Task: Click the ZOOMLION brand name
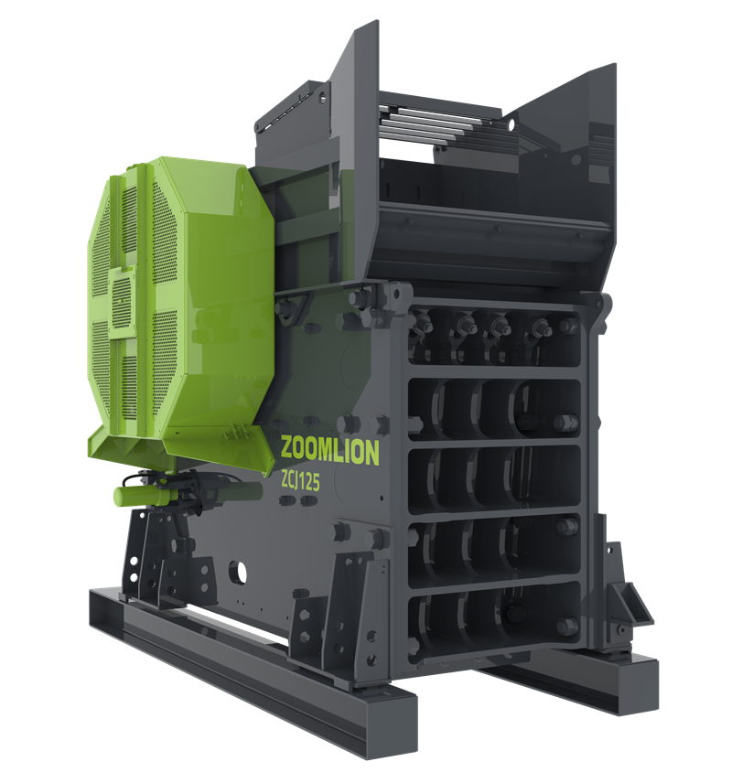[x=329, y=451]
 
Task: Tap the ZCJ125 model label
[x=300, y=481]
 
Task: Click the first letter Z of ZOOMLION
[x=287, y=447]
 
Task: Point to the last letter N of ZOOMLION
[x=372, y=454]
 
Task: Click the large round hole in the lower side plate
[x=238, y=572]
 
